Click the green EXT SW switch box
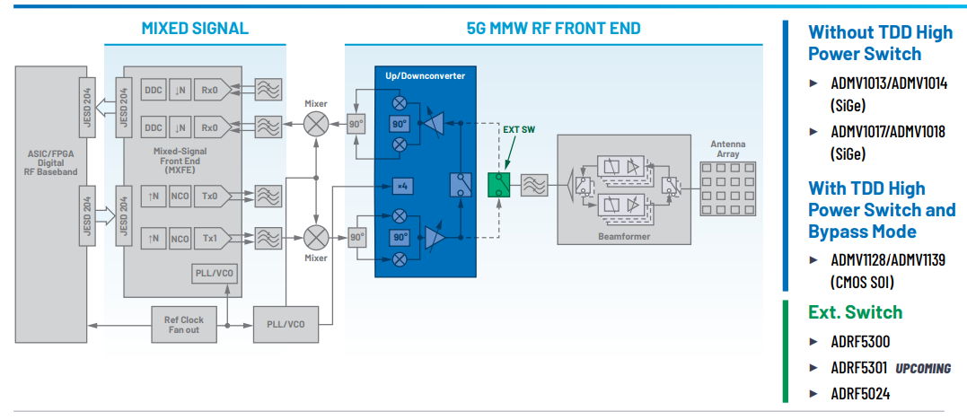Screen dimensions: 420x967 click(x=497, y=185)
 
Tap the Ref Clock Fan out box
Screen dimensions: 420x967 click(x=184, y=324)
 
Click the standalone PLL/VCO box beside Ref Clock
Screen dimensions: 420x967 click(x=286, y=324)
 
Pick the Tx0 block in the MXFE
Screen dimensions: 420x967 click(x=208, y=195)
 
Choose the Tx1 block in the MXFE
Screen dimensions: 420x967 click(x=208, y=238)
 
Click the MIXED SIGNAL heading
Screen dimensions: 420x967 click(x=195, y=29)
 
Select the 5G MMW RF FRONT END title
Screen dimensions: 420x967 click(x=553, y=29)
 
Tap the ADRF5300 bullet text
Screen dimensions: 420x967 click(x=860, y=342)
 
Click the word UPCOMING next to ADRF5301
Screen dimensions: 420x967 click(x=922, y=368)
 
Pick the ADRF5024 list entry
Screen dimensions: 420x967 click(x=860, y=394)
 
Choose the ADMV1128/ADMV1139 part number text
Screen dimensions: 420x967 click(x=887, y=260)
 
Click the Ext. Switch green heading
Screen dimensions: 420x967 click(x=855, y=312)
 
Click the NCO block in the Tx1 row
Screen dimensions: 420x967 click(x=180, y=238)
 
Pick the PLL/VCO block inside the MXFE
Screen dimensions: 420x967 click(x=215, y=274)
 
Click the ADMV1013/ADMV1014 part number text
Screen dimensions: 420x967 click(x=887, y=83)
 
